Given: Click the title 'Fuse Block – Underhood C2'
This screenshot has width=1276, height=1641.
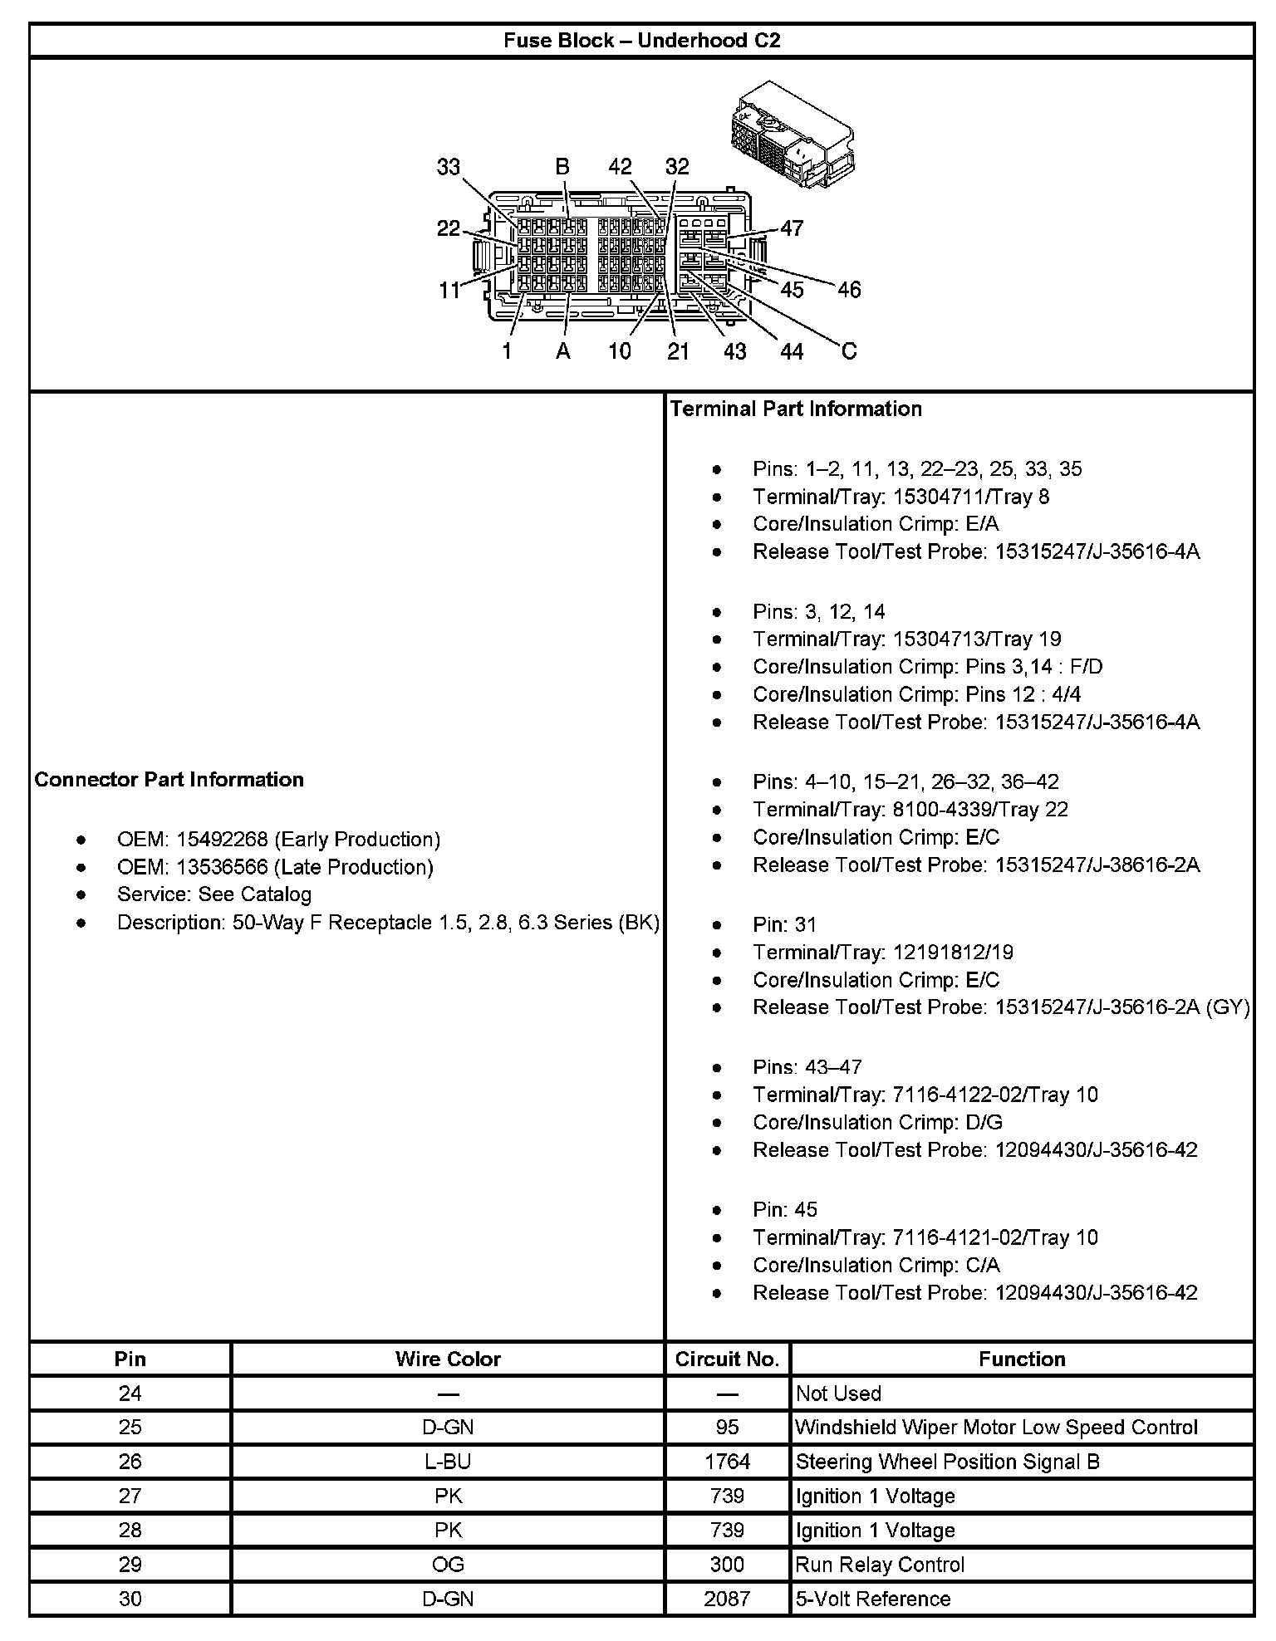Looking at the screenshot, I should [641, 41].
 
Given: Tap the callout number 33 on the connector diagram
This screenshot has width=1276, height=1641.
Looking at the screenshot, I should [448, 167].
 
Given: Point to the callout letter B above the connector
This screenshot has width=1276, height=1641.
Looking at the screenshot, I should [562, 167].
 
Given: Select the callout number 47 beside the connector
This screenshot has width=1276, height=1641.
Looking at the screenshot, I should [792, 228].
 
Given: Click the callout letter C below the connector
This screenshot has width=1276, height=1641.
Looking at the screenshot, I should [848, 351].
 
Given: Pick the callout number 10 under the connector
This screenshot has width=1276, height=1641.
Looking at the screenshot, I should [620, 351].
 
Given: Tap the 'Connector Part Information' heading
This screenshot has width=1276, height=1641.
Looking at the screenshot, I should [169, 779].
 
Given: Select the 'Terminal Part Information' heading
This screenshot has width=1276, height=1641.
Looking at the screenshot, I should [796, 409].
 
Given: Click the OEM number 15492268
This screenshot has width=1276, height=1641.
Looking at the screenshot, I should [222, 839].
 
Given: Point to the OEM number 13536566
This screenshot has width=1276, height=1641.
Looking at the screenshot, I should [222, 867].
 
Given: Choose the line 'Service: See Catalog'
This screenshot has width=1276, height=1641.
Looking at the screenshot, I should [214, 894].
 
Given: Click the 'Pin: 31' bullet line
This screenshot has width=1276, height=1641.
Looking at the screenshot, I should [785, 924].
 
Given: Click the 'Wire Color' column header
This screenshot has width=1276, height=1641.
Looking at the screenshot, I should [448, 1359].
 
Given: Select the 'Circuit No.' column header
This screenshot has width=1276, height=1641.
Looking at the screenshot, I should [727, 1359].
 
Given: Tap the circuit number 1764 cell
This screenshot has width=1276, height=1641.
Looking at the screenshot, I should [727, 1462].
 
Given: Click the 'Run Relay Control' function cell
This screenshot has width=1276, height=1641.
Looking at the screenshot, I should [881, 1565].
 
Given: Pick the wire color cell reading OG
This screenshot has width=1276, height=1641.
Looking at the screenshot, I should [448, 1565].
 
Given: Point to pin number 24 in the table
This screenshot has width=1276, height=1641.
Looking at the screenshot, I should [130, 1394].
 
